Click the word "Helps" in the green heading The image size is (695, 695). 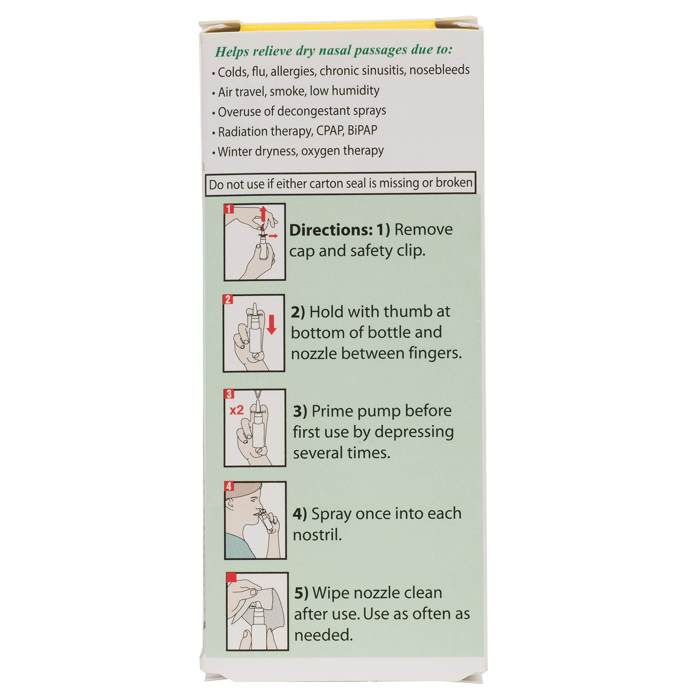232,52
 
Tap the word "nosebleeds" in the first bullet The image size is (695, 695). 439,70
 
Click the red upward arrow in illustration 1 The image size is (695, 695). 263,214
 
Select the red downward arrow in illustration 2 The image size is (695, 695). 271,324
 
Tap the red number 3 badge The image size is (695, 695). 229,394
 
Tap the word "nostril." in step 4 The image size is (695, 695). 317,535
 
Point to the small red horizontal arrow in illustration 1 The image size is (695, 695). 273,236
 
